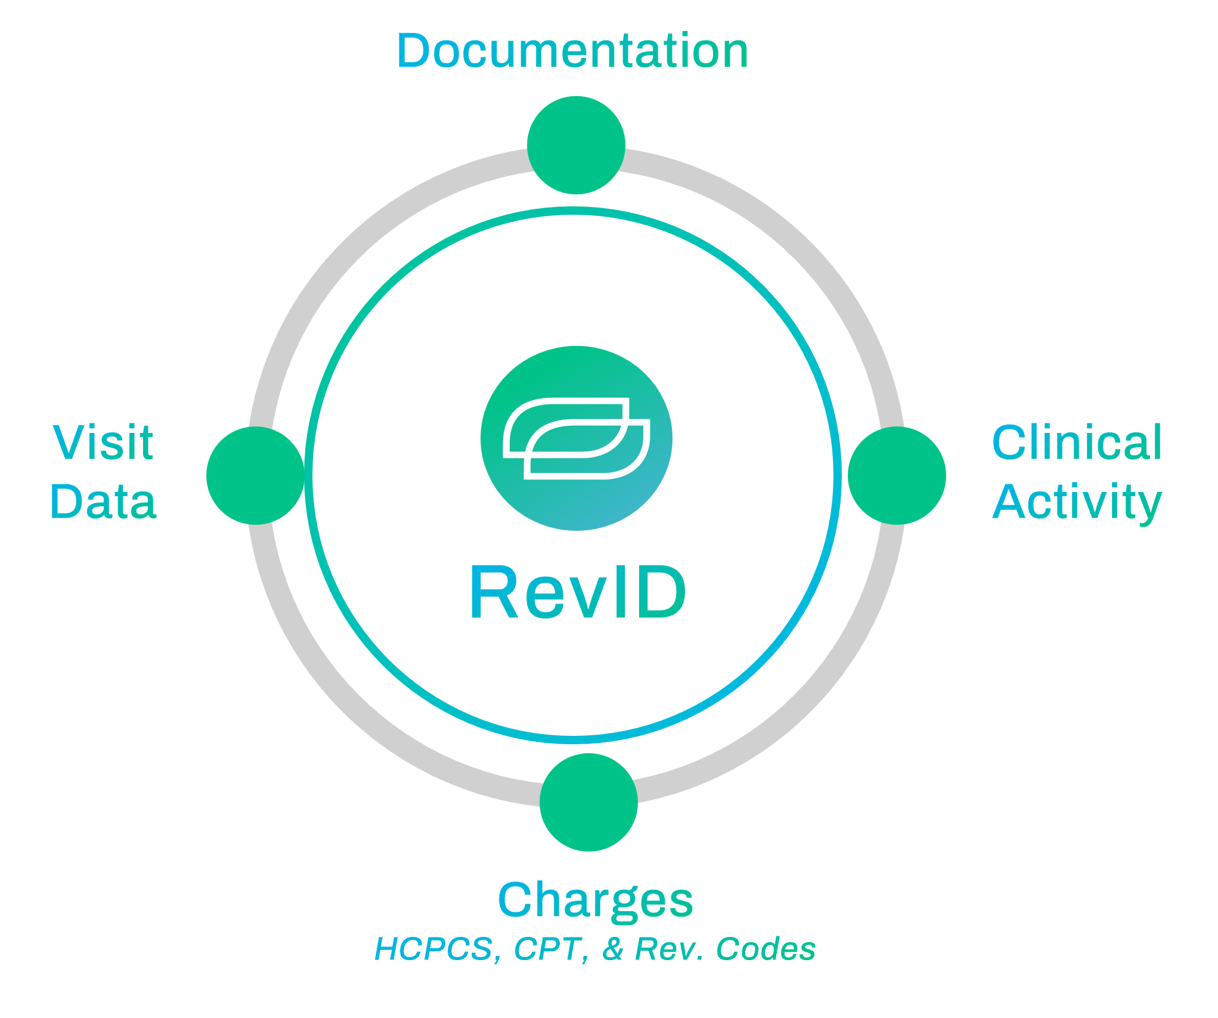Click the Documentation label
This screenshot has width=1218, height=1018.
572,51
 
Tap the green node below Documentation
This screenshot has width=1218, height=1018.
576,145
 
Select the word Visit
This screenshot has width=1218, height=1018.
103,443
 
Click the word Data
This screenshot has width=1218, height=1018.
103,502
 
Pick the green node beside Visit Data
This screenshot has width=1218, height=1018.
255,475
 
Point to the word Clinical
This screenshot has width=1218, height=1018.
1077,443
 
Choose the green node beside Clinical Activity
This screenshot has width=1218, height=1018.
897,475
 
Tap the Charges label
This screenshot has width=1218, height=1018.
595,900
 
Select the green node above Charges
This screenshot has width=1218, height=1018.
588,802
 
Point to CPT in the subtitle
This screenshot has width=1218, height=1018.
547,949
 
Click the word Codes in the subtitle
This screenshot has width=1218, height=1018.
765,949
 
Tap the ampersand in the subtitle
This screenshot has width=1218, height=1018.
613,949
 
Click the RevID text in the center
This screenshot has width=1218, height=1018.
577,592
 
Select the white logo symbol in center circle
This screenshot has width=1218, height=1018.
576,438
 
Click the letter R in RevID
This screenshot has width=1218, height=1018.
494,592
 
